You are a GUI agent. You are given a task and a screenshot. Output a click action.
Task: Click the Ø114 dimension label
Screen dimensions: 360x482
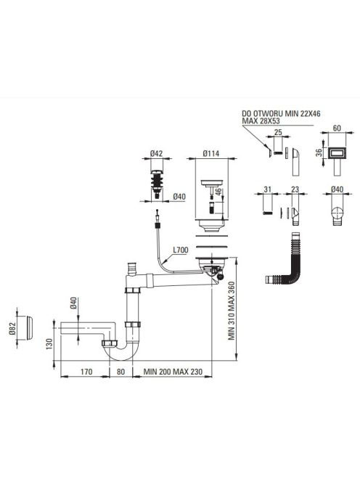[211, 153]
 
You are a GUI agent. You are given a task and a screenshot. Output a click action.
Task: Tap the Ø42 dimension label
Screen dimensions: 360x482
[157, 153]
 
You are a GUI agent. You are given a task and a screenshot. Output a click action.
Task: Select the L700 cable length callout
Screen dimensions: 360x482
[181, 250]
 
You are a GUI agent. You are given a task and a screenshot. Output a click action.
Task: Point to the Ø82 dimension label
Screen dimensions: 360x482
[12, 328]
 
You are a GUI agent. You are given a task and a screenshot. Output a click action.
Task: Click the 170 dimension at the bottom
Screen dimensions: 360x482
[86, 372]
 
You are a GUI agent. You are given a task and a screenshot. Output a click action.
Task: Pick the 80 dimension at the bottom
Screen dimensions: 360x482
[120, 372]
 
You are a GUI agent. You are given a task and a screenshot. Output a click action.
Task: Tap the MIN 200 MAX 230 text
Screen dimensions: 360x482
[173, 372]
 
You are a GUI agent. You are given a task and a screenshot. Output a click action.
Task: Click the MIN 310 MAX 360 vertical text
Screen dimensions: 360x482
[232, 311]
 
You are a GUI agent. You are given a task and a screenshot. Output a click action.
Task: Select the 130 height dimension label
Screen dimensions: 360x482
[49, 344]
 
